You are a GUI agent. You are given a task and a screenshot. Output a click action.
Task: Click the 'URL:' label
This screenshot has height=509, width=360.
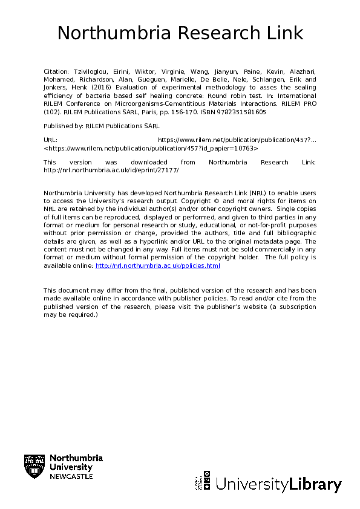click(x=50, y=140)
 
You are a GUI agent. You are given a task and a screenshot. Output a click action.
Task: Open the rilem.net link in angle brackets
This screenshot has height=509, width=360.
click(x=151, y=148)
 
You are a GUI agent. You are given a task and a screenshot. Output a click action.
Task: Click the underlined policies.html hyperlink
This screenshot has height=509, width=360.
click(x=158, y=265)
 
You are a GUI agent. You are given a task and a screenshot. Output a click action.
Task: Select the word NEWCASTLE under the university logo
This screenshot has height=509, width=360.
click(x=71, y=476)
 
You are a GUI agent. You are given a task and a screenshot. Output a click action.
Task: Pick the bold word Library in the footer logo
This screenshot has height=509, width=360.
click(x=315, y=485)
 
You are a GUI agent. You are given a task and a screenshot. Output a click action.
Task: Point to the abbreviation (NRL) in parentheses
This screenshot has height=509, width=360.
click(x=257, y=192)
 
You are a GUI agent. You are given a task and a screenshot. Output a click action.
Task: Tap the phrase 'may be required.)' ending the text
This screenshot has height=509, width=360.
click(x=70, y=314)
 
